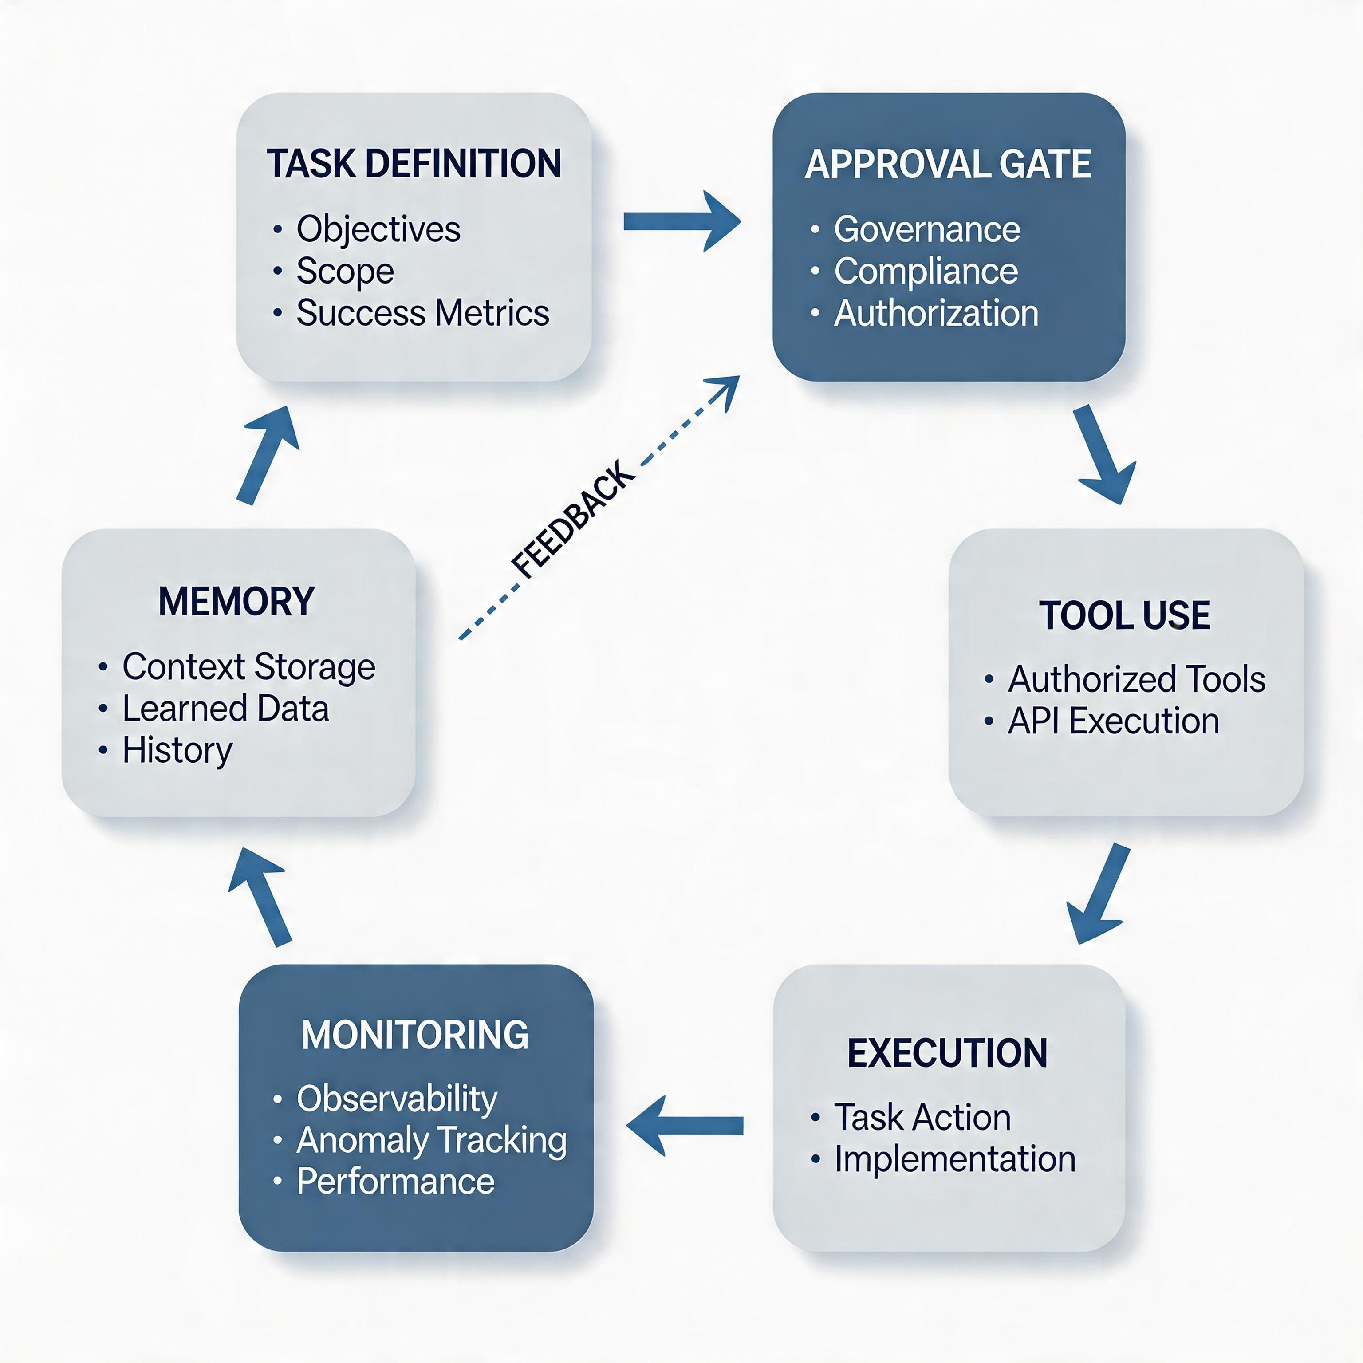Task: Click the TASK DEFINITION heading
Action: coord(414,164)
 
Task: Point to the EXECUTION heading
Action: coord(947,1052)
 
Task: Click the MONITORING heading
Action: coord(415,1035)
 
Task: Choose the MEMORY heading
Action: coord(236,601)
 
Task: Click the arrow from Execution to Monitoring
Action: coord(684,1125)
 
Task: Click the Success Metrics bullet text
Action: coord(422,312)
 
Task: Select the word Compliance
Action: coord(926,271)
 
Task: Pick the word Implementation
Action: coord(954,1159)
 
